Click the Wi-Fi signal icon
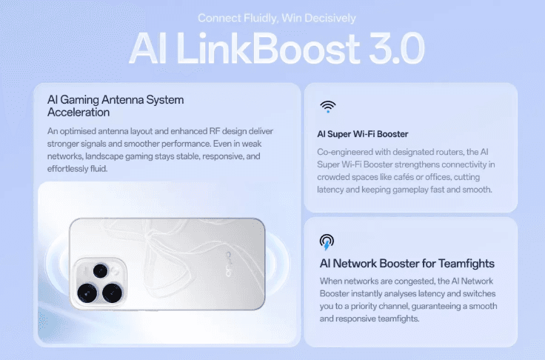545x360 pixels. [328, 107]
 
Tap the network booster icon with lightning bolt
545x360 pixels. [327, 242]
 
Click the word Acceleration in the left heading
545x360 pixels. [78, 113]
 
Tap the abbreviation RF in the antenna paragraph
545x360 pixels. [214, 131]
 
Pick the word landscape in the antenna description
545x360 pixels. [104, 156]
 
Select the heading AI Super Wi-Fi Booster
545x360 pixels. [363, 134]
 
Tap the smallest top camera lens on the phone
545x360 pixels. [101, 271]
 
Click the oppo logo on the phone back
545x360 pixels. [230, 264]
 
